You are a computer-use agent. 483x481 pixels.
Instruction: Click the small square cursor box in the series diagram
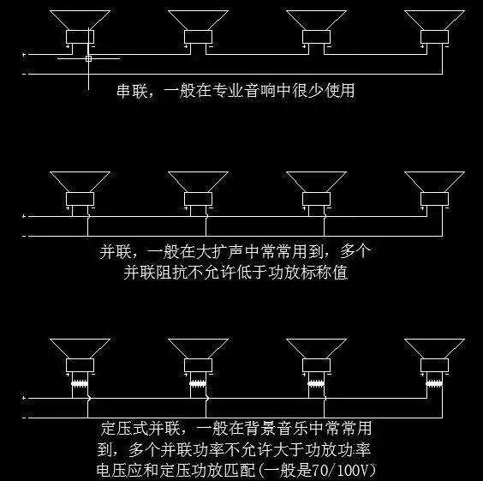point(88,58)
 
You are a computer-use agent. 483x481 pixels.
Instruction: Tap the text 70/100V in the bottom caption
point(341,470)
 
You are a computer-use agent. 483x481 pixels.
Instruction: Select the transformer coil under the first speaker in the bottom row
point(80,384)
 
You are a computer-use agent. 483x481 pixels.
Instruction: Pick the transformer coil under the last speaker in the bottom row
point(434,384)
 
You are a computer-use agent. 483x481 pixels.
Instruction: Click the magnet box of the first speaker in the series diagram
point(80,37)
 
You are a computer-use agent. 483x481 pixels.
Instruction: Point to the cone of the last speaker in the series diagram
point(434,20)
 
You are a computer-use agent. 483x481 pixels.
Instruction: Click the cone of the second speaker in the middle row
point(198,182)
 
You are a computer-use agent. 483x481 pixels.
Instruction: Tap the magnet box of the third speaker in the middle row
point(316,199)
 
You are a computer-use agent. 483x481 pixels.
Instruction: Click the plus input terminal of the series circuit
point(24,55)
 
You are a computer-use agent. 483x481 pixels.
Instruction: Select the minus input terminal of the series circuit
point(24,74)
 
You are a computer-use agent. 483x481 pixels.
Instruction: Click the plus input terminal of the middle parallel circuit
point(24,216)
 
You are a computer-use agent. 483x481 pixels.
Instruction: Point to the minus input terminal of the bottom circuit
point(24,418)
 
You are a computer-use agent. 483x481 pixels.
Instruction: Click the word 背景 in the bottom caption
point(260,429)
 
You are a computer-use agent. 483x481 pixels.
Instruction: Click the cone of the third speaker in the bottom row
point(316,349)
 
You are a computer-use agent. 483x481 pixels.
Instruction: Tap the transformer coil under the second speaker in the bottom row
point(198,384)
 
